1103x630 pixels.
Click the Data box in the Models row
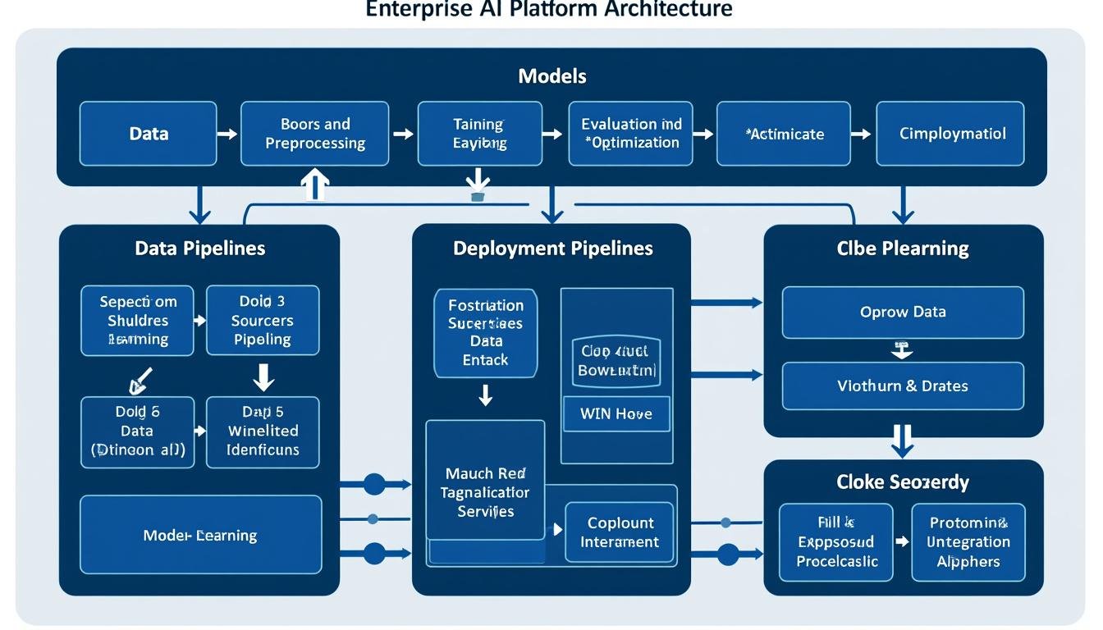(x=149, y=133)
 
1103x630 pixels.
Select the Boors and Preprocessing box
(x=315, y=133)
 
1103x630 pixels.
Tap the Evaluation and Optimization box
(x=630, y=133)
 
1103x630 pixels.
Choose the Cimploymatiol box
(x=951, y=133)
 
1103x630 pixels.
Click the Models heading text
(x=552, y=76)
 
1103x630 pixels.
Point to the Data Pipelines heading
(x=199, y=248)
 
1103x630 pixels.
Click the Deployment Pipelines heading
(x=552, y=248)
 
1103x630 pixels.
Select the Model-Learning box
(x=200, y=535)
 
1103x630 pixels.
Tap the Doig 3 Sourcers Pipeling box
(x=263, y=320)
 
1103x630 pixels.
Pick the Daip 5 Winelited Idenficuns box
(x=263, y=431)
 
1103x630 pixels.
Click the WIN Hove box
(x=616, y=414)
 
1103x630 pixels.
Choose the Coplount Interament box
(x=620, y=532)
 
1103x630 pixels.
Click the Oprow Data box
(x=903, y=312)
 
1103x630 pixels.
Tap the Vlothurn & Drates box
(x=903, y=386)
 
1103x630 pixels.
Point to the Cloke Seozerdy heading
(x=903, y=482)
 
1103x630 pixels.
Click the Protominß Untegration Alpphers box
(x=968, y=542)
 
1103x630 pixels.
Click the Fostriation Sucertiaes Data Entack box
(x=485, y=332)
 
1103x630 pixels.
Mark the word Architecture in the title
(x=666, y=9)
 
